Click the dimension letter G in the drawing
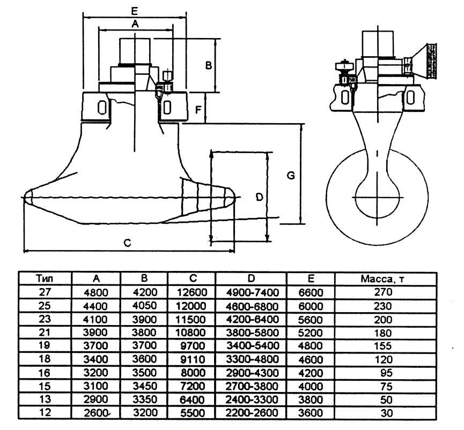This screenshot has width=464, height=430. point(291,175)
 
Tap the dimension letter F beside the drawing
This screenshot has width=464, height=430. point(199,110)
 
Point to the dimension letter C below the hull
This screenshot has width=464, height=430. point(127,243)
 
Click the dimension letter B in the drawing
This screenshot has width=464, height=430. point(209,65)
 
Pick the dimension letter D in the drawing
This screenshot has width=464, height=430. point(259,197)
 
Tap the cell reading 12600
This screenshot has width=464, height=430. point(192,292)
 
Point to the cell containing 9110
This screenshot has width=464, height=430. point(192,359)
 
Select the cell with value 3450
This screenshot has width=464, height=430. point(144,386)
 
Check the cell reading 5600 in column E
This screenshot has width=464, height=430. point(311,319)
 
